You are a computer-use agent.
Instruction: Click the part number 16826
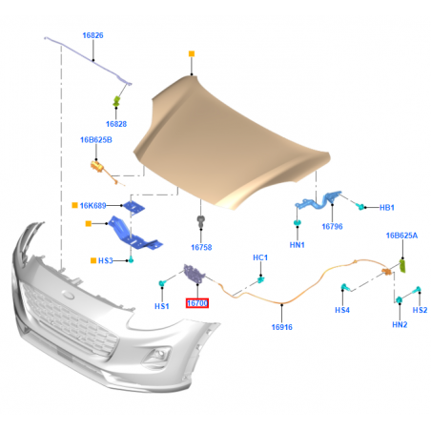click(92, 35)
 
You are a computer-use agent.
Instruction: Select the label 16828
click(116, 124)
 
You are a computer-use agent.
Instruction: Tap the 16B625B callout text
click(96, 140)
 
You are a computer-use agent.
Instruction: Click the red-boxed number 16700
click(197, 303)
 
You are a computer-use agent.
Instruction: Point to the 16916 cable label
click(282, 327)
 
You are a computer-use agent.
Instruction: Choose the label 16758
click(201, 247)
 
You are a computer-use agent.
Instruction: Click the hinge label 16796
click(332, 227)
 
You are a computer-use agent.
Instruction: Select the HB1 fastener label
click(387, 208)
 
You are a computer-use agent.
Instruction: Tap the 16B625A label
click(401, 236)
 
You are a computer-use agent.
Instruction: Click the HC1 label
click(260, 257)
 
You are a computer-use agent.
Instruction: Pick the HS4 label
click(342, 310)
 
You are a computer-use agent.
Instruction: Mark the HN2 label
click(400, 324)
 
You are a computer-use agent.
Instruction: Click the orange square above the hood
click(192, 53)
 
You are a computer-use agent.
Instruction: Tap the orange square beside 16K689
click(74, 205)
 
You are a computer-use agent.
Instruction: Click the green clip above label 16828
click(116, 101)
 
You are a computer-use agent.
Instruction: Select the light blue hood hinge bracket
click(318, 201)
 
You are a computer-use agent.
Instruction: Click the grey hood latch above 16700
click(195, 274)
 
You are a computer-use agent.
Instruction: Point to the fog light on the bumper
click(157, 355)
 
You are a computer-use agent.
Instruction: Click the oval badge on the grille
click(69, 295)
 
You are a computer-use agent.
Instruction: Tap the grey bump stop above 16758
click(201, 220)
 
